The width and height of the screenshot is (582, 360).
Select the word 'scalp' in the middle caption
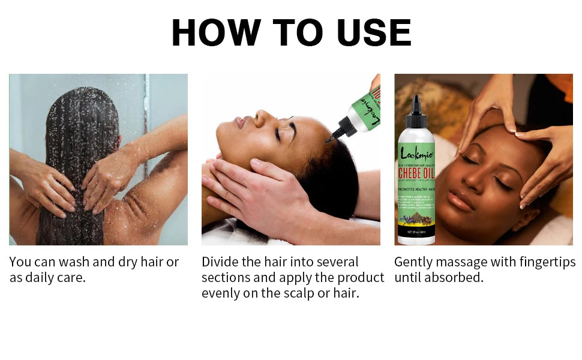tap(304, 294)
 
